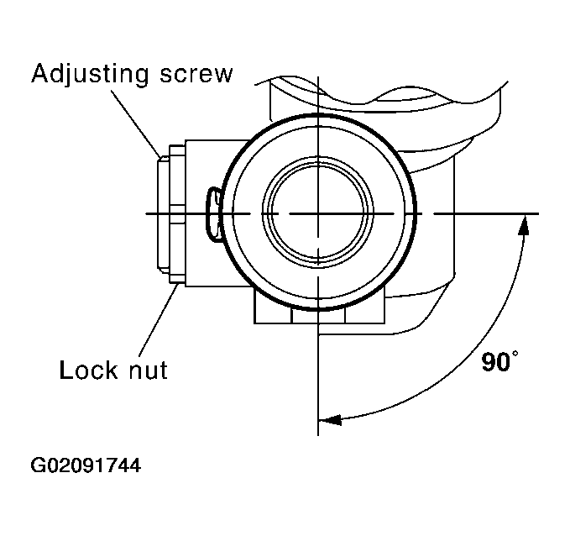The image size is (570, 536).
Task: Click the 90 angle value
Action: pos(495,363)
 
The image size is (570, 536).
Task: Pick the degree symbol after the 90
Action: pos(515,355)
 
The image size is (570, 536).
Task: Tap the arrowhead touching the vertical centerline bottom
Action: pos(329,416)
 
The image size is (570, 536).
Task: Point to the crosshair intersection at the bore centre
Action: pos(318,214)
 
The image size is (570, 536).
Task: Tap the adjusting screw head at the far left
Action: pos(164,214)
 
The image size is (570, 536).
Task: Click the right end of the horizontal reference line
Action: pos(537,214)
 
